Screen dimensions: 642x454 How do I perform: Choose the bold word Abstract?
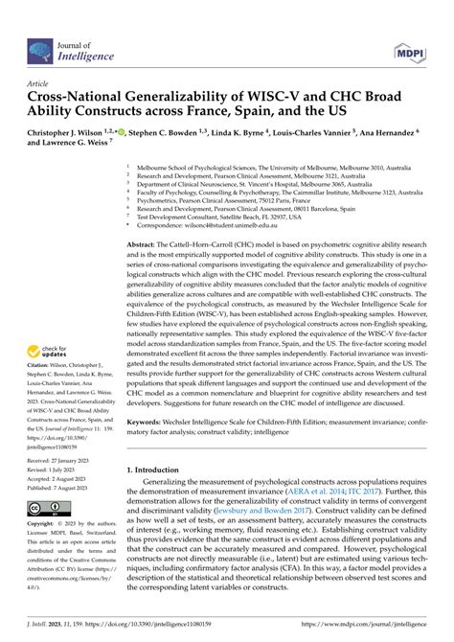coord(146,246)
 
